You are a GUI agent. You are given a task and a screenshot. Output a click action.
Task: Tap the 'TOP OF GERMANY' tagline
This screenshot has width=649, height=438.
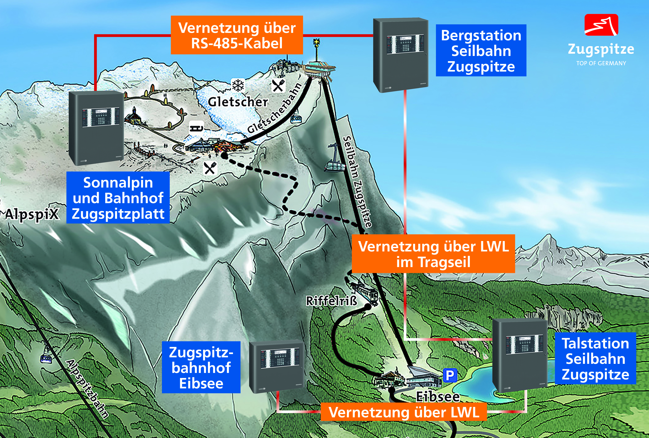pos(601,63)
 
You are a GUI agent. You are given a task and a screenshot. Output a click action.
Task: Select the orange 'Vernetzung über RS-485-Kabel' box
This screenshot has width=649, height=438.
pos(237,35)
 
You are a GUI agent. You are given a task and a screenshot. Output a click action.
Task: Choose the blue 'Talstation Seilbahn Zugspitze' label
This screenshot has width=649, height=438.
pos(595,358)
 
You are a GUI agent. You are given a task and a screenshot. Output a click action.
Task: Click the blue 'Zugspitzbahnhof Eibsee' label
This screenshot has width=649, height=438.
pos(201,367)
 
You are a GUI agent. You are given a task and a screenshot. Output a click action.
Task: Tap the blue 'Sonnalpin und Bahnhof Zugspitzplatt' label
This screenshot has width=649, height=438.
pos(118,198)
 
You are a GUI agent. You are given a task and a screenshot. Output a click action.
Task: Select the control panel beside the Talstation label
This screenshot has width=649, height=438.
pos(520,356)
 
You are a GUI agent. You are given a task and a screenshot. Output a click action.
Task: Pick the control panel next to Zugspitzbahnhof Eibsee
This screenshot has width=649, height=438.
pos(276,366)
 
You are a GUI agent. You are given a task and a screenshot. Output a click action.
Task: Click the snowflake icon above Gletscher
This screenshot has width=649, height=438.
pos(238,85)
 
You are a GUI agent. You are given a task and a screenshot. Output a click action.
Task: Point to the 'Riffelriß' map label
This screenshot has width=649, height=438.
pos(331,301)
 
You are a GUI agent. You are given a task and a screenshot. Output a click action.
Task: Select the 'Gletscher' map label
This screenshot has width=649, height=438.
pos(238,102)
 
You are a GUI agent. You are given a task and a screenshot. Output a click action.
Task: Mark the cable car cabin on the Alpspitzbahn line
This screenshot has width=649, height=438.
pos(46,359)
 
